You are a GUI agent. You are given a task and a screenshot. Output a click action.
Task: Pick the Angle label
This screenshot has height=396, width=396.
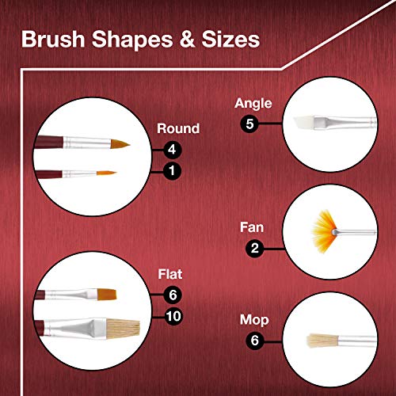(x=252, y=103)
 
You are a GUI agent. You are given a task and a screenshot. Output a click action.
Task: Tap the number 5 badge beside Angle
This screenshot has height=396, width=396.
(x=252, y=123)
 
